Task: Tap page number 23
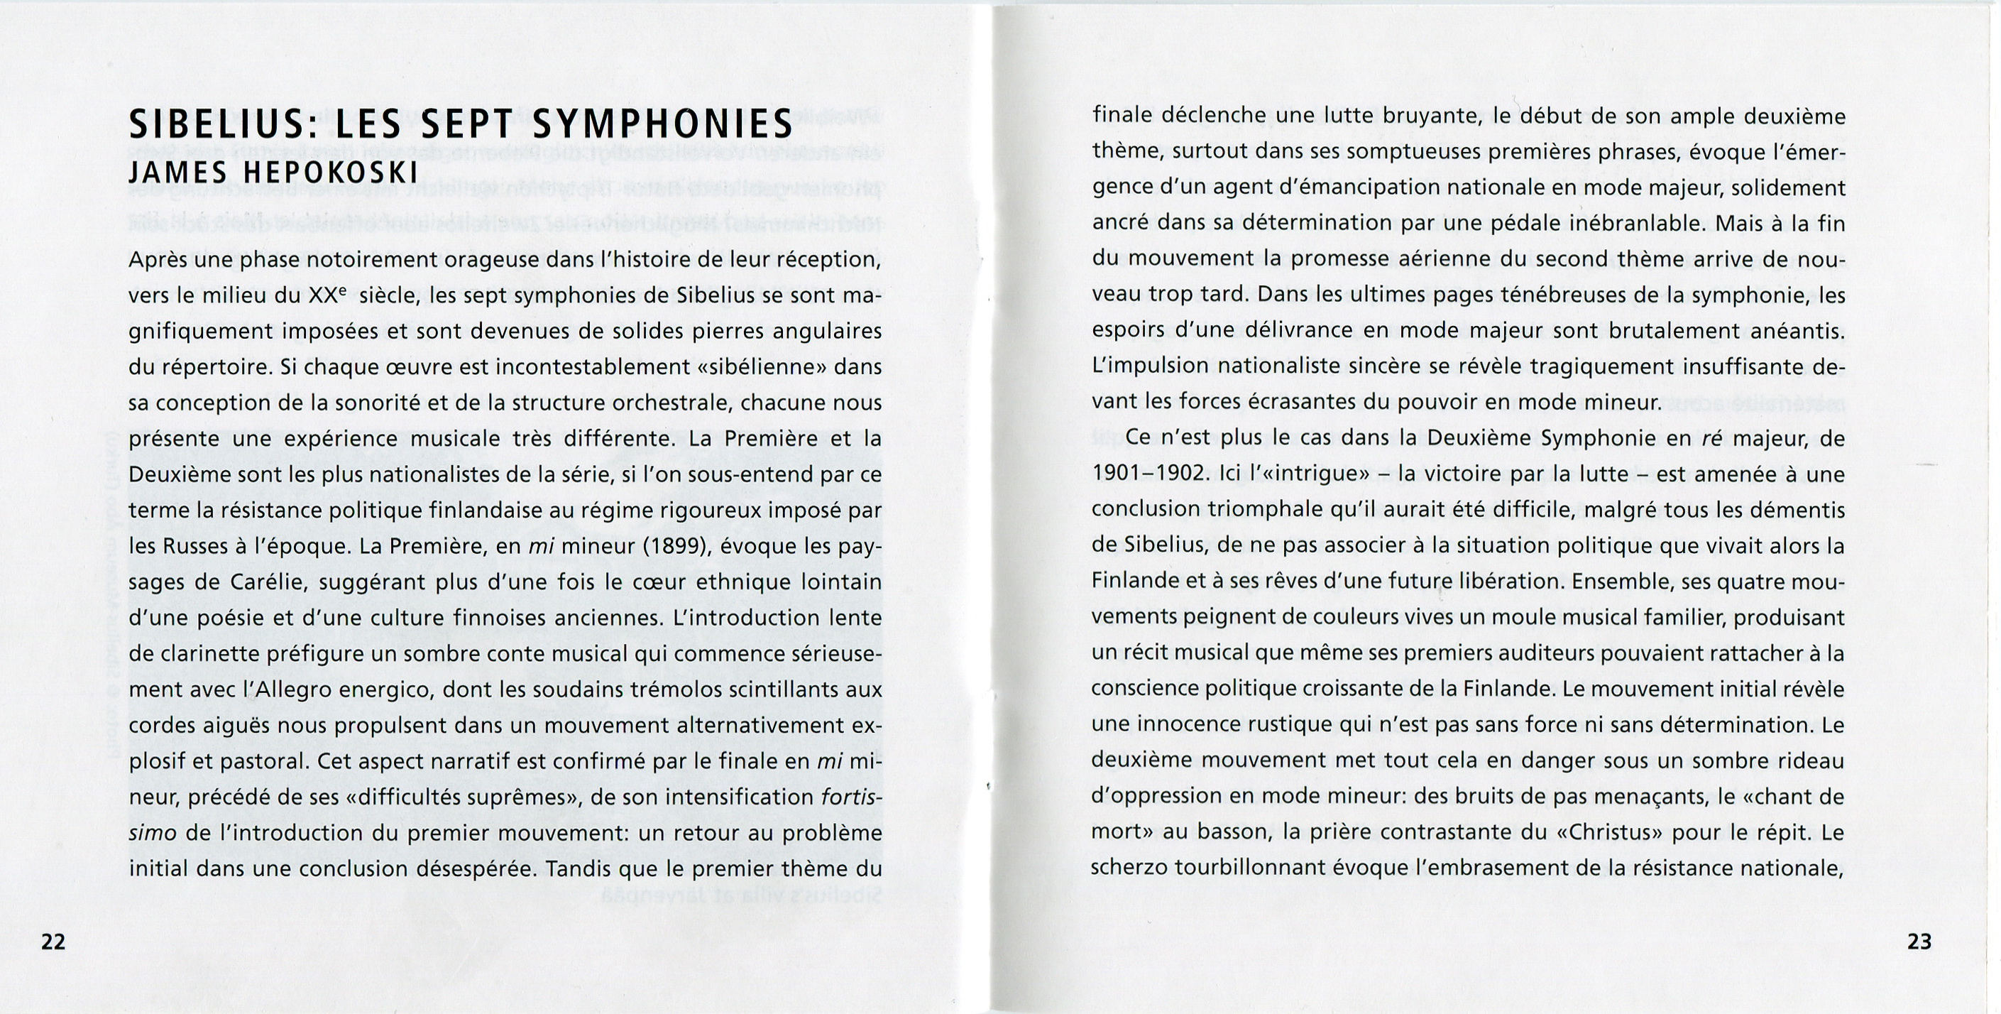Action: (1919, 942)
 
